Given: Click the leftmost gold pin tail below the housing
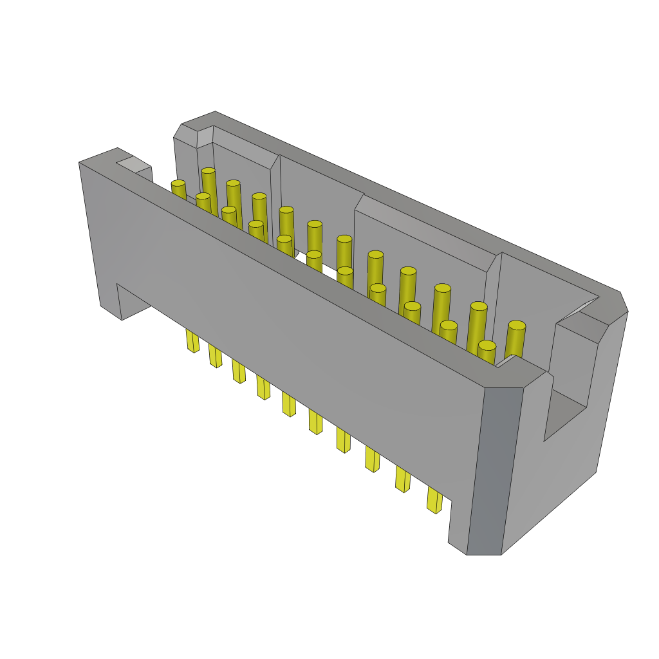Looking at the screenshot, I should click(x=192, y=340).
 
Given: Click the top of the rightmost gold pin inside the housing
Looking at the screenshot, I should click(x=517, y=326).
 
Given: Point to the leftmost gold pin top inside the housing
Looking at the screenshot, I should click(x=178, y=184).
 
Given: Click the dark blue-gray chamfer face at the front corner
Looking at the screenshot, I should click(x=494, y=470).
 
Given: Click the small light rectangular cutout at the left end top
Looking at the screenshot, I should click(x=134, y=165).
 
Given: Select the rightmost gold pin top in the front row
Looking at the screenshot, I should click(x=487, y=346).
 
